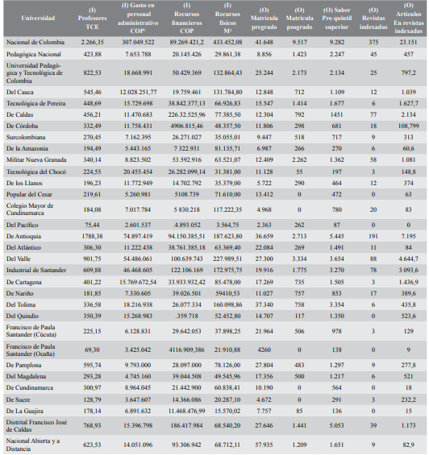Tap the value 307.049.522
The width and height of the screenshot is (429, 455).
(138, 41)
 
